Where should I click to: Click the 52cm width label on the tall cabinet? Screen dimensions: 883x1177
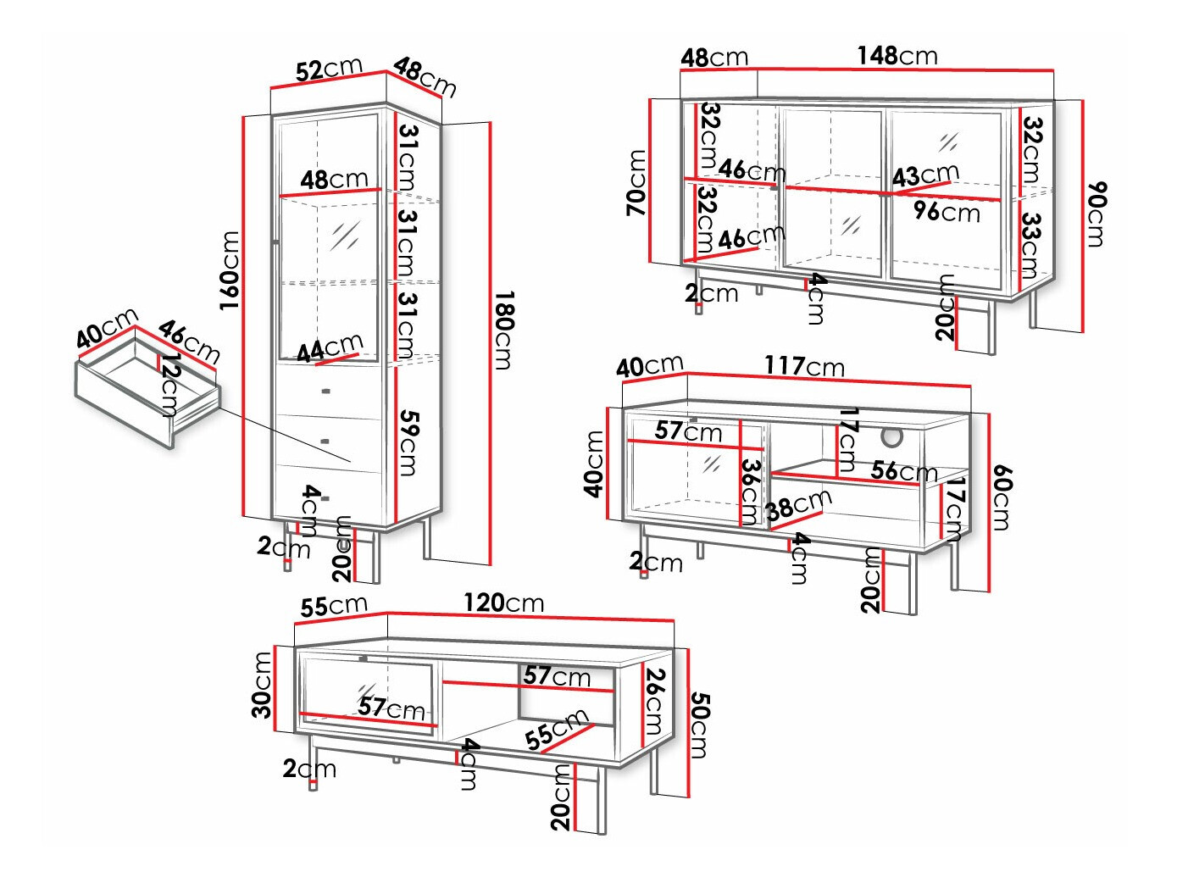pos(329,69)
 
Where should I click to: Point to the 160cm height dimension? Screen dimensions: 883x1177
pos(230,270)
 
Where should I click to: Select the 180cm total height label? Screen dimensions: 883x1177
pos(503,330)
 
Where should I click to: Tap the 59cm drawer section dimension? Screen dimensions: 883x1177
pos(408,442)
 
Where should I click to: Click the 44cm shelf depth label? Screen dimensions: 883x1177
pos(330,348)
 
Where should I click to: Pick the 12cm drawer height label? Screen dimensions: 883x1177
pos(170,385)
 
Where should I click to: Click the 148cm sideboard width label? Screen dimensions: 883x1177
pos(897,56)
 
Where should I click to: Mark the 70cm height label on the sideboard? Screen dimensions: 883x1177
pos(636,182)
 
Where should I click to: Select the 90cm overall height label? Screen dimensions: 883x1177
pos(1096,214)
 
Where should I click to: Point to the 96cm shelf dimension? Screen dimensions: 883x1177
pos(947,211)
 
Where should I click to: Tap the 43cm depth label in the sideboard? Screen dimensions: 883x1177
pos(925,176)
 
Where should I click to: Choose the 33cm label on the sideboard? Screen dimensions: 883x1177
pos(1030,245)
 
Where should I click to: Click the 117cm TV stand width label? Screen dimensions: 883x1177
pos(804,366)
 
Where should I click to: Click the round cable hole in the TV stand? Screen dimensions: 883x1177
pos(891,436)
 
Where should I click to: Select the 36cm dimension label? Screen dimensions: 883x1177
pos(751,491)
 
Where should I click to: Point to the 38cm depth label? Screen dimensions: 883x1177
pos(798,505)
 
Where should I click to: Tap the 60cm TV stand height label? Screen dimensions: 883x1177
pos(1002,497)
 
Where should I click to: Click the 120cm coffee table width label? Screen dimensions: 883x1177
pos(503,603)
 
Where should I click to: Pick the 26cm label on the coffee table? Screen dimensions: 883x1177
pos(655,701)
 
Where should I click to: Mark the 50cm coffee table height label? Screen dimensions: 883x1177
pos(700,725)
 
